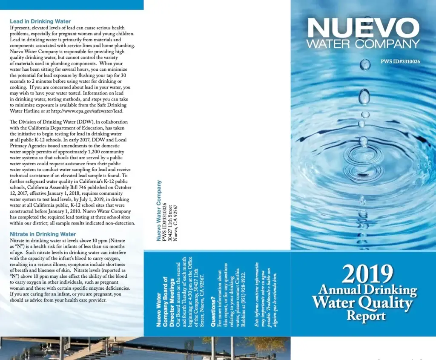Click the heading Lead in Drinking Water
click(x=40, y=21)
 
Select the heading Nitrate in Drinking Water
click(x=43, y=234)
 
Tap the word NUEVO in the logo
click(x=363, y=29)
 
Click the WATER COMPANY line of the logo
click(x=363, y=44)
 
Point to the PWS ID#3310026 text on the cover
click(x=400, y=61)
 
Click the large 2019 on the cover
click(x=367, y=274)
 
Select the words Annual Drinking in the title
click(x=367, y=290)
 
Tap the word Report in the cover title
click(x=366, y=316)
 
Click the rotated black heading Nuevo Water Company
click(x=159, y=211)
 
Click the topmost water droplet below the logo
click(x=365, y=64)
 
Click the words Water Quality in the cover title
click(x=362, y=303)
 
